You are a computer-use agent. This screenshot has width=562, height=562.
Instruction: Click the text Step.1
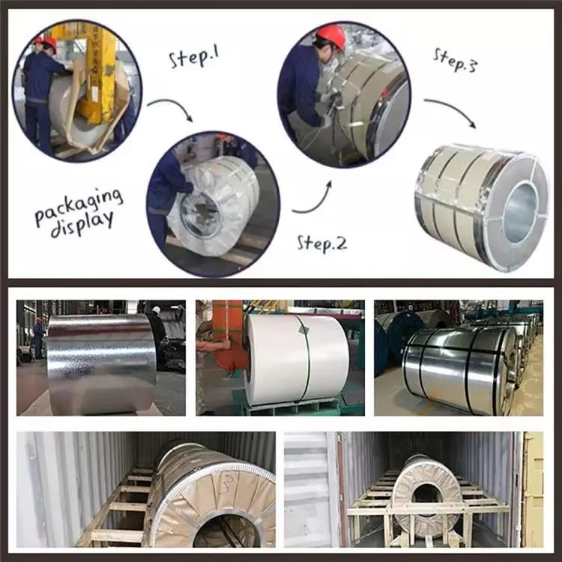(x=193, y=57)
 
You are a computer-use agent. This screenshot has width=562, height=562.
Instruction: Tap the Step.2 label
(x=321, y=242)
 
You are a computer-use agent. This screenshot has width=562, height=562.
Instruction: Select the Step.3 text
(x=454, y=59)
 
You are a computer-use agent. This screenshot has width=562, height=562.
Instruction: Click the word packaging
(x=78, y=205)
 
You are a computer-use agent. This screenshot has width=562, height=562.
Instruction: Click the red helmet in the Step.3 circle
(x=330, y=34)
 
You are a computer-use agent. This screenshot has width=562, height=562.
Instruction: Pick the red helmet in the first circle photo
(x=49, y=43)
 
